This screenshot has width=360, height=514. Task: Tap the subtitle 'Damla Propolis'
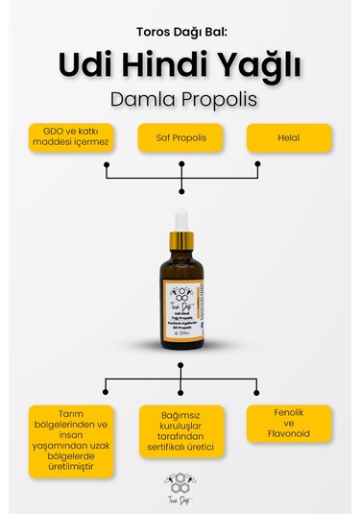180,100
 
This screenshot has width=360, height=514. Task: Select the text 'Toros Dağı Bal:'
180,31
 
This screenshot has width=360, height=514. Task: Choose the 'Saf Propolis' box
180,138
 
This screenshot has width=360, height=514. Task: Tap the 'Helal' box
289,138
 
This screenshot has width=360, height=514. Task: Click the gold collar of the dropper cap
180,240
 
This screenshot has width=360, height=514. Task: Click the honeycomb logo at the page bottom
180,482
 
